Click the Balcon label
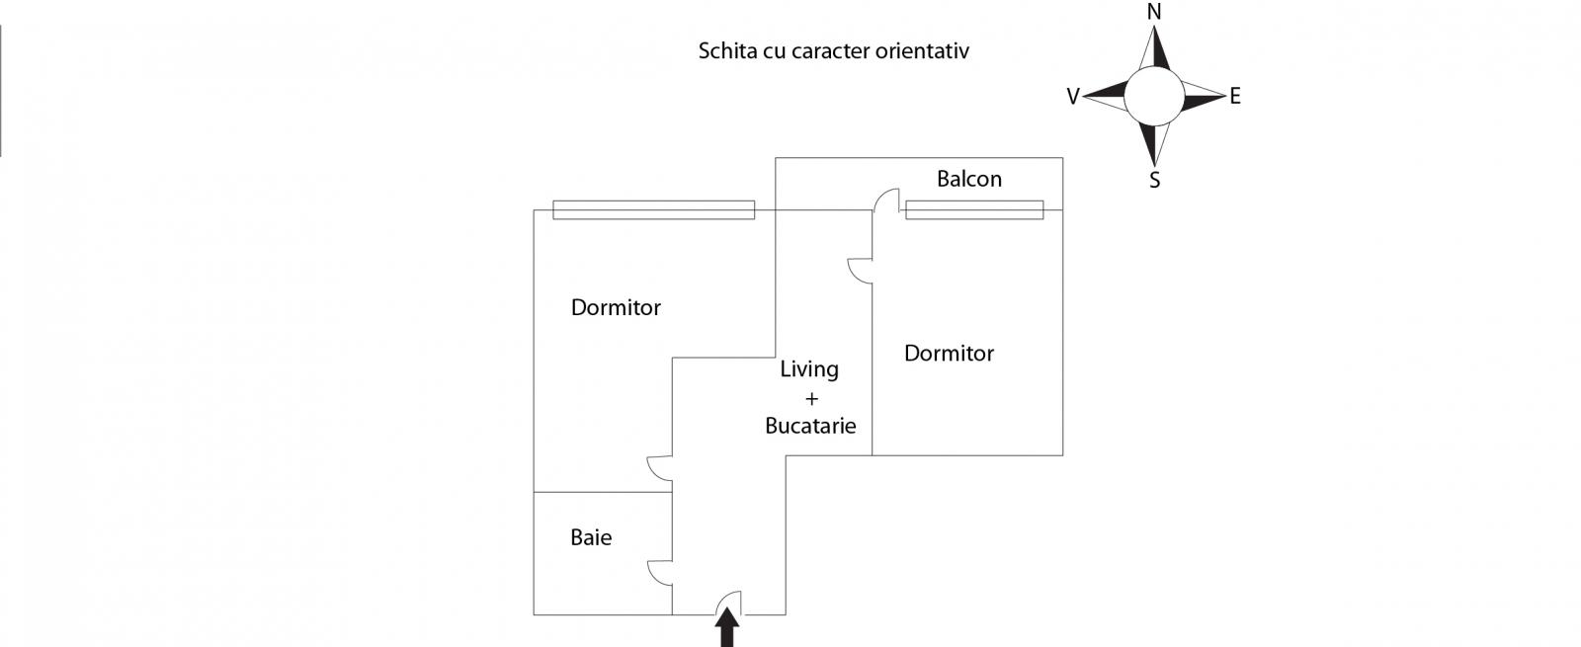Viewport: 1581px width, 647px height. [x=968, y=179]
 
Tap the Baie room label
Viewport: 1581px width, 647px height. [x=591, y=537]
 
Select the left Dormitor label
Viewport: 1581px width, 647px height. [x=616, y=307]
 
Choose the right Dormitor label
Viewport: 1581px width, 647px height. [x=949, y=353]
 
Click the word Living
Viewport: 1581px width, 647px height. [x=809, y=369]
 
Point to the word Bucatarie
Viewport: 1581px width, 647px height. [x=810, y=426]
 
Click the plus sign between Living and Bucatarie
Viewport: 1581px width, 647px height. [x=812, y=399]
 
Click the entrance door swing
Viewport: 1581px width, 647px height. [x=728, y=604]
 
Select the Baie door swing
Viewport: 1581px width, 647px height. [x=660, y=573]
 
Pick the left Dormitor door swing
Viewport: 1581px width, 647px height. [x=660, y=468]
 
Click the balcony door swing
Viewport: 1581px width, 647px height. [x=886, y=201]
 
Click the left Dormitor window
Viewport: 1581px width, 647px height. [x=653, y=209]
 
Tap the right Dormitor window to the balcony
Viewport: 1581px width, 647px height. [x=974, y=209]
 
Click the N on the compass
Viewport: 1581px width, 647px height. [x=1153, y=12]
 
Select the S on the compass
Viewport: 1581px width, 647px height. [x=1154, y=181]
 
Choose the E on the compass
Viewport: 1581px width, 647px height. [x=1235, y=97]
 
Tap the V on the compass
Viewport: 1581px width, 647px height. [x=1072, y=97]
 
